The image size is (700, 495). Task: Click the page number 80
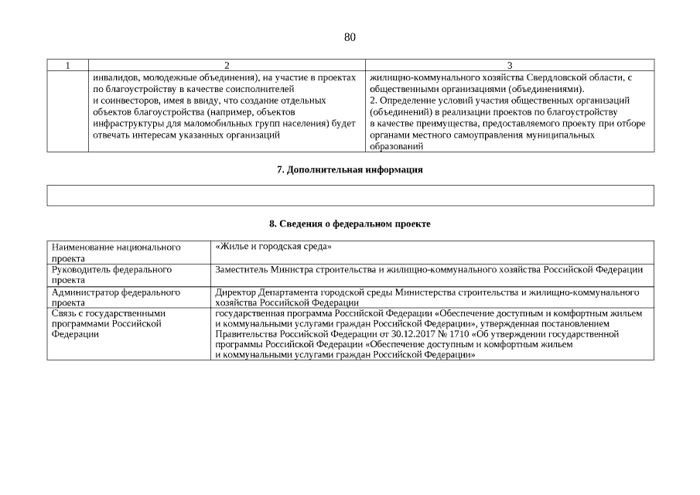point(350,37)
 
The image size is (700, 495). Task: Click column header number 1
point(67,66)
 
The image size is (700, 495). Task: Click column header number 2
point(227,66)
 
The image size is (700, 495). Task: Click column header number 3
point(510,66)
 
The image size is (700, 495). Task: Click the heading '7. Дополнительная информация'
point(350,169)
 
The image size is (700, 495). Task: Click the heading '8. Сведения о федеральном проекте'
point(350,224)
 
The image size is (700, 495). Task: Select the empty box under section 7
point(350,195)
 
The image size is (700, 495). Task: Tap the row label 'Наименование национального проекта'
point(116,252)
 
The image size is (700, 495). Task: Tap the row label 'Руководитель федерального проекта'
point(111,275)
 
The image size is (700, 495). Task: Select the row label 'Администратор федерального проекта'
point(115,297)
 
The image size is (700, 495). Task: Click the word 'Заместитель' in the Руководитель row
point(241,269)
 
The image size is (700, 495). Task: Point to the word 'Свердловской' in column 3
point(558,78)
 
